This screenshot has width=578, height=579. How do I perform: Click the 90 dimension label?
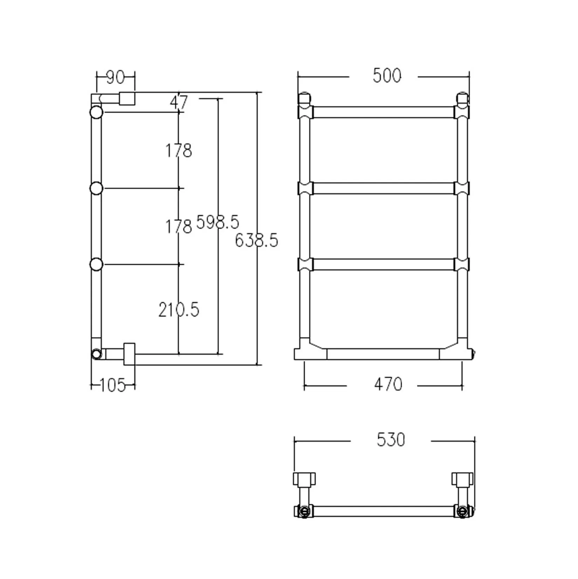click(x=115, y=77)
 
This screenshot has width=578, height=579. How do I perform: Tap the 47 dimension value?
click(x=179, y=102)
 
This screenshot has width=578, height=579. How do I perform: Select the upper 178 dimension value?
click(x=179, y=151)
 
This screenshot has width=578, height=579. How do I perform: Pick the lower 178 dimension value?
click(x=179, y=226)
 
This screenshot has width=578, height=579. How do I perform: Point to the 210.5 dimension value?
click(x=179, y=310)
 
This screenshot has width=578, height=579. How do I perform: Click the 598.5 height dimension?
click(x=218, y=222)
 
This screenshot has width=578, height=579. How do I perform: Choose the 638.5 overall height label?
click(x=256, y=241)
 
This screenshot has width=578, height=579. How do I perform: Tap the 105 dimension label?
click(x=112, y=386)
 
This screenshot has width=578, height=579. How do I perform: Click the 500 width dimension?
click(x=387, y=76)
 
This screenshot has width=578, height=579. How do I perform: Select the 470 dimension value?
click(x=388, y=385)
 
